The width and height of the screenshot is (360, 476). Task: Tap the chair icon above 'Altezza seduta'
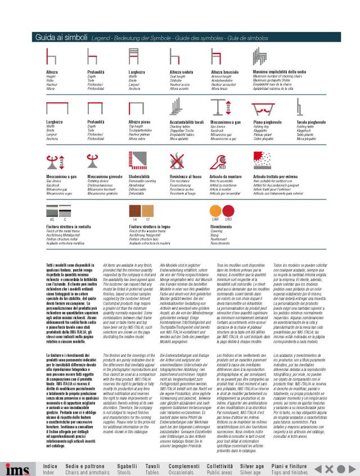[x=174, y=57]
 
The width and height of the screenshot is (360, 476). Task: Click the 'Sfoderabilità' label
[x=139, y=176]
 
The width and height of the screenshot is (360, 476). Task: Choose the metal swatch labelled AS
[x=52, y=210]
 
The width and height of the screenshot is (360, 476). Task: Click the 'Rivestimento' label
[x=221, y=226]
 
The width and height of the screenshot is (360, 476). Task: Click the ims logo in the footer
[x=17, y=469]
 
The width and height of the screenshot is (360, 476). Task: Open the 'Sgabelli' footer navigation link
[x=127, y=466]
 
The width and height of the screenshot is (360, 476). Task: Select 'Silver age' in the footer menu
[x=251, y=466]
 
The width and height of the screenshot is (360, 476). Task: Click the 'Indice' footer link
[x=50, y=466]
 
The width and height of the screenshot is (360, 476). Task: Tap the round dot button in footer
[x=328, y=469]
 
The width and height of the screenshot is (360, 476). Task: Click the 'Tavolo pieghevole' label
[x=310, y=121]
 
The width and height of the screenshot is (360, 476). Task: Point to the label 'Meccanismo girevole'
[x=105, y=176]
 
